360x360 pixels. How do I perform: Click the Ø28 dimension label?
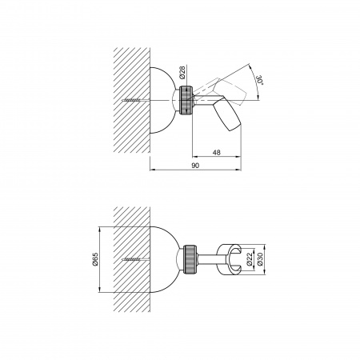(x=182, y=72)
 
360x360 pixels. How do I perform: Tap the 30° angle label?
(x=260, y=80)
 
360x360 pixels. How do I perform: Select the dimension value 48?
(x=217, y=153)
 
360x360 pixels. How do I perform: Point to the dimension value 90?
(x=195, y=166)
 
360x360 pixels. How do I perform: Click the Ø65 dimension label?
(x=95, y=259)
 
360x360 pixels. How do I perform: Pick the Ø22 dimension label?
(x=250, y=259)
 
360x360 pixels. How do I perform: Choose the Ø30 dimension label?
(x=260, y=259)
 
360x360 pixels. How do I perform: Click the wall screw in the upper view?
(x=132, y=100)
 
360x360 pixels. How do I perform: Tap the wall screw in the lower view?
(x=132, y=259)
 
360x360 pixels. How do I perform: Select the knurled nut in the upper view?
(x=186, y=100)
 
